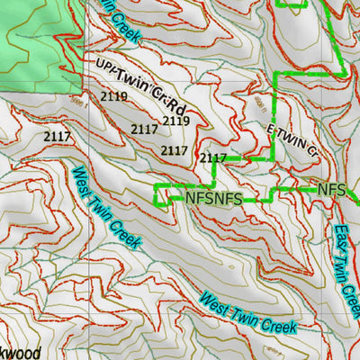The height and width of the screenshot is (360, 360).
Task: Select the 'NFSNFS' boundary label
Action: point(213,197)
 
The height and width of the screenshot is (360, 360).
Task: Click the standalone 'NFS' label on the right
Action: point(332,190)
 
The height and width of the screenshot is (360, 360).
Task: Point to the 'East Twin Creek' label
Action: point(346,269)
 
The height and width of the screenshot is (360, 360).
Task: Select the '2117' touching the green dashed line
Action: point(212,158)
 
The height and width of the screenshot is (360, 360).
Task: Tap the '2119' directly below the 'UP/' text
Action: point(115,95)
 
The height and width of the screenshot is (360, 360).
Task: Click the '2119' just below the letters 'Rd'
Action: point(175,121)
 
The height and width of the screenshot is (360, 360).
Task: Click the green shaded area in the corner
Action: point(36,36)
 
